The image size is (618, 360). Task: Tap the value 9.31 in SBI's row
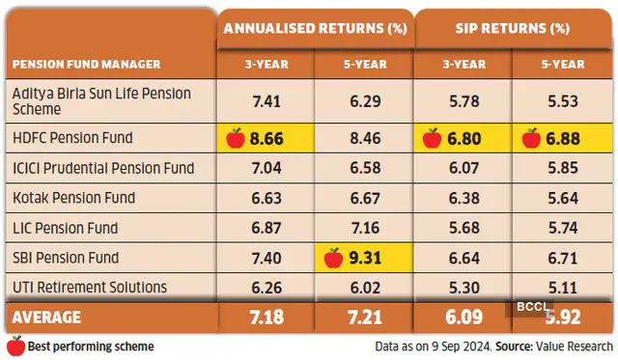point(372,258)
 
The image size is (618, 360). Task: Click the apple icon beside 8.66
point(235,138)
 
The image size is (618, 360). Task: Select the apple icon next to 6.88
point(531,138)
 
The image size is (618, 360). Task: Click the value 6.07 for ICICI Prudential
point(463,168)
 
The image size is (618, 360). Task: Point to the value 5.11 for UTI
point(562,287)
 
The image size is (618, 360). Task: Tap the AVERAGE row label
point(47,317)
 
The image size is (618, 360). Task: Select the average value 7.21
point(363,317)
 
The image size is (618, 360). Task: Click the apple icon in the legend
point(14,346)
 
